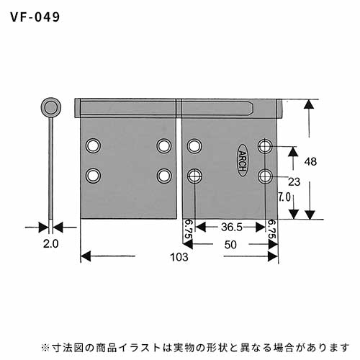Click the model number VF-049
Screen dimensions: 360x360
[35, 17]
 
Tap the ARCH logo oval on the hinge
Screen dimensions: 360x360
[243, 161]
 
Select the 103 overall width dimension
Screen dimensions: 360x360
[179, 257]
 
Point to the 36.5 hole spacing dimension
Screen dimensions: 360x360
[232, 227]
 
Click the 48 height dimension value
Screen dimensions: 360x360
[310, 162]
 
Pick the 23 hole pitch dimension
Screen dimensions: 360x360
[294, 182]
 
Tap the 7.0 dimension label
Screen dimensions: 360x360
[284, 197]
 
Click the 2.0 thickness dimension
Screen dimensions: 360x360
[51, 244]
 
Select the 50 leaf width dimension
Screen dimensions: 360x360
[230, 245]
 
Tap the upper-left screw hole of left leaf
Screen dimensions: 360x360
[93, 145]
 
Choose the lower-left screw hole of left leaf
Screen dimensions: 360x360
[93, 176]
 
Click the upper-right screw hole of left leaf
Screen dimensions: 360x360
[164, 145]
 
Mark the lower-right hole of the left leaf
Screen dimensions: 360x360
[164, 176]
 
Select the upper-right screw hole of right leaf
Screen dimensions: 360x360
[265, 146]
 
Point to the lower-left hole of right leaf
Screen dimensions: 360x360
[194, 176]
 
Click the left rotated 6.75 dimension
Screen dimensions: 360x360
[189, 230]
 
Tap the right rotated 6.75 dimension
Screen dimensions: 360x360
[271, 230]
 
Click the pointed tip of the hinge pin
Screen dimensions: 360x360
[253, 108]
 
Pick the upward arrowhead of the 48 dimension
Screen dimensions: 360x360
[309, 104]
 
